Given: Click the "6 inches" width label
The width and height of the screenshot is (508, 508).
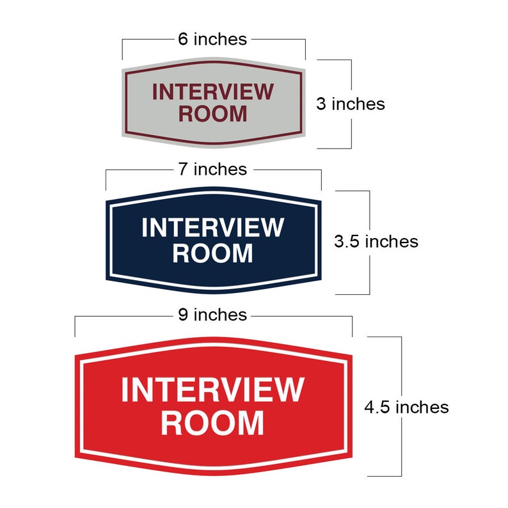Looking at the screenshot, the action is [212, 39].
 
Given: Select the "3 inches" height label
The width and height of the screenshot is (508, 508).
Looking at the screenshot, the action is [351, 104].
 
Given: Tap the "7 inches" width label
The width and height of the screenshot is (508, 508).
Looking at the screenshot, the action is [212, 169].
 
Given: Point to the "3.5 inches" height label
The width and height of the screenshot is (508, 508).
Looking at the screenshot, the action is [376, 241].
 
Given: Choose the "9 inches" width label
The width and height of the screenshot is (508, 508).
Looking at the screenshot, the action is [212, 315].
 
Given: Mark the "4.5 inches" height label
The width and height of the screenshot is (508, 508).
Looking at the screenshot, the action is [406, 406].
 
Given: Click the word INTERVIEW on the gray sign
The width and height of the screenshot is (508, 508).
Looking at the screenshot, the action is [212, 92].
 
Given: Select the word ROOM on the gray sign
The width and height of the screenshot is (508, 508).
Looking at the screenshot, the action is [212, 114].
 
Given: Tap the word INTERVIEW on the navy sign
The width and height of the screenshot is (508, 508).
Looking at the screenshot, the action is [212, 227].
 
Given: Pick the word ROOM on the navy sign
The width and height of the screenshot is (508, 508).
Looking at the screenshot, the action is [212, 253].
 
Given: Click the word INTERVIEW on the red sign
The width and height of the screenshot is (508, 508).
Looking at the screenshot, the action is [212, 390].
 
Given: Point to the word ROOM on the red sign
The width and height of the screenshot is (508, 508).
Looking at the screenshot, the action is [212, 423].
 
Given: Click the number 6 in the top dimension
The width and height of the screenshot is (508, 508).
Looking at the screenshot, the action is [183, 39].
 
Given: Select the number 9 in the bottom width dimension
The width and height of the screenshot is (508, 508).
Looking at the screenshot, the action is [183, 315].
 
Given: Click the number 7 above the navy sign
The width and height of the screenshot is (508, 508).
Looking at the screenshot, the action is [183, 169].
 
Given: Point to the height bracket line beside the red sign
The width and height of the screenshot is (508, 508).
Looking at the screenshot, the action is [401, 448].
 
